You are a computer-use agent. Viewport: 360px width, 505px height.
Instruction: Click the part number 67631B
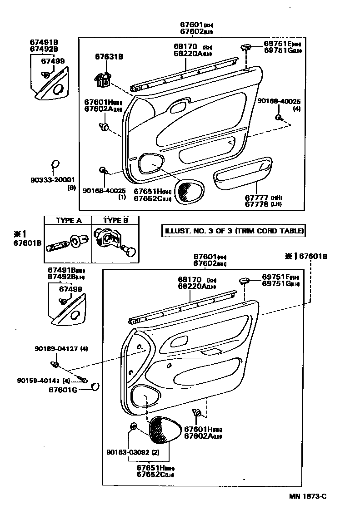point(109,57)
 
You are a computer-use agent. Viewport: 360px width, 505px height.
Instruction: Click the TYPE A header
point(68,221)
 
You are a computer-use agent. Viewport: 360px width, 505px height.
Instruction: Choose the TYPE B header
point(115,221)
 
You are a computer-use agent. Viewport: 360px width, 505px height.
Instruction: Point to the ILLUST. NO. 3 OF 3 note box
point(233,231)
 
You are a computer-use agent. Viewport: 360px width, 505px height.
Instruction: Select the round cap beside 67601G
point(95,386)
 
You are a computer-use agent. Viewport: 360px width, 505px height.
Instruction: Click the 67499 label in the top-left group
point(53,61)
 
